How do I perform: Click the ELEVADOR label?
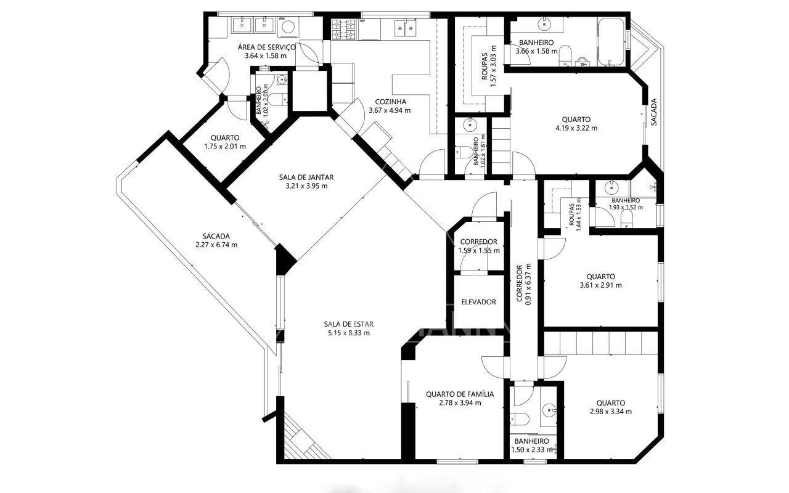click(479, 302)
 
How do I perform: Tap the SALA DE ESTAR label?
click(349, 324)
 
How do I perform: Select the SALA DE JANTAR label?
click(306, 177)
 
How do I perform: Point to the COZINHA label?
click(390, 102)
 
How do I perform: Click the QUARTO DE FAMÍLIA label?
click(460, 394)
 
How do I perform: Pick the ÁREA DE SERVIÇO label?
click(266, 47)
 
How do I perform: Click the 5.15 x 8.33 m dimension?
click(349, 333)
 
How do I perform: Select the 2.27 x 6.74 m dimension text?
click(216, 245)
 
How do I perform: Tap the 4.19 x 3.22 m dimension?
click(576, 128)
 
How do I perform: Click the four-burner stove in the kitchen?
click(344, 29)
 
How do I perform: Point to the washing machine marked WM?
click(288, 26)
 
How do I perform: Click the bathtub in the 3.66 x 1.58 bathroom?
click(611, 42)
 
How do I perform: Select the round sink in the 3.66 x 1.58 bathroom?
click(544, 24)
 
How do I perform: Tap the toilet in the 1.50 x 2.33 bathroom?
click(520, 419)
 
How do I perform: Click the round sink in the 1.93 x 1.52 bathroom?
click(611, 187)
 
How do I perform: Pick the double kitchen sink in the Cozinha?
click(405, 28)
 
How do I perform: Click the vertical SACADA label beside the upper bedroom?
click(654, 112)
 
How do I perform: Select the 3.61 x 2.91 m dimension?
click(600, 285)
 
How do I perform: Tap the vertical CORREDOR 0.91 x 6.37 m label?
click(523, 284)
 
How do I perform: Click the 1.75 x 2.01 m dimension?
click(225, 147)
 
